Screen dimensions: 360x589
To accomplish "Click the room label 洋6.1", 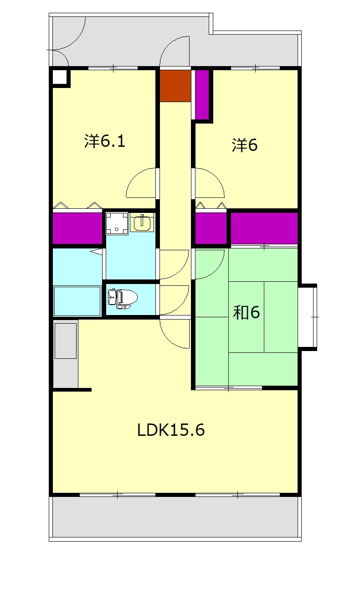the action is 105,141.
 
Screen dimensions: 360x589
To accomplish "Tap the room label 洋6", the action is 244,145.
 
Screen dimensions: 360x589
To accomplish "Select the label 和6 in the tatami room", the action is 246,313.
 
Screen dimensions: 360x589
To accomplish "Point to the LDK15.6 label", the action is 171,430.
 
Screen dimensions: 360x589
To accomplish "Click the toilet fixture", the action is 123,299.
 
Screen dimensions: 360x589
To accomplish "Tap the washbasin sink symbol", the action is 142,222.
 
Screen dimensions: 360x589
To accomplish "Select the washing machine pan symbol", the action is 117,223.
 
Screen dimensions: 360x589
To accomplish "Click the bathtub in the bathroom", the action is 77,301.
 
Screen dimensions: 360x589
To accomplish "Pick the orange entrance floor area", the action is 175,86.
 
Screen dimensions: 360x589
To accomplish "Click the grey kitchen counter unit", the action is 66,354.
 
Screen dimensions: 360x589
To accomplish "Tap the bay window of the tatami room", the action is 308,317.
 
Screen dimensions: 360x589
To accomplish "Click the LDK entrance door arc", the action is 168,339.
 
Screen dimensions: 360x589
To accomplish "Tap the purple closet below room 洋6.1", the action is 77,228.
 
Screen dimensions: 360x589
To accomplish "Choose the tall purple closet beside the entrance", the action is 202,94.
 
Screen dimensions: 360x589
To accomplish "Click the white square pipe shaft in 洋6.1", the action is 60,77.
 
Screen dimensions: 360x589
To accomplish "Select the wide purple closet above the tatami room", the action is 264,228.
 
